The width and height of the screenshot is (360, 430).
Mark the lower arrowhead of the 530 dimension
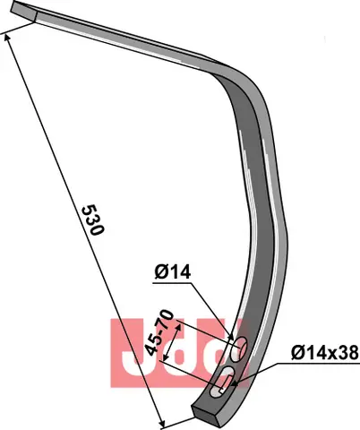[162, 423]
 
